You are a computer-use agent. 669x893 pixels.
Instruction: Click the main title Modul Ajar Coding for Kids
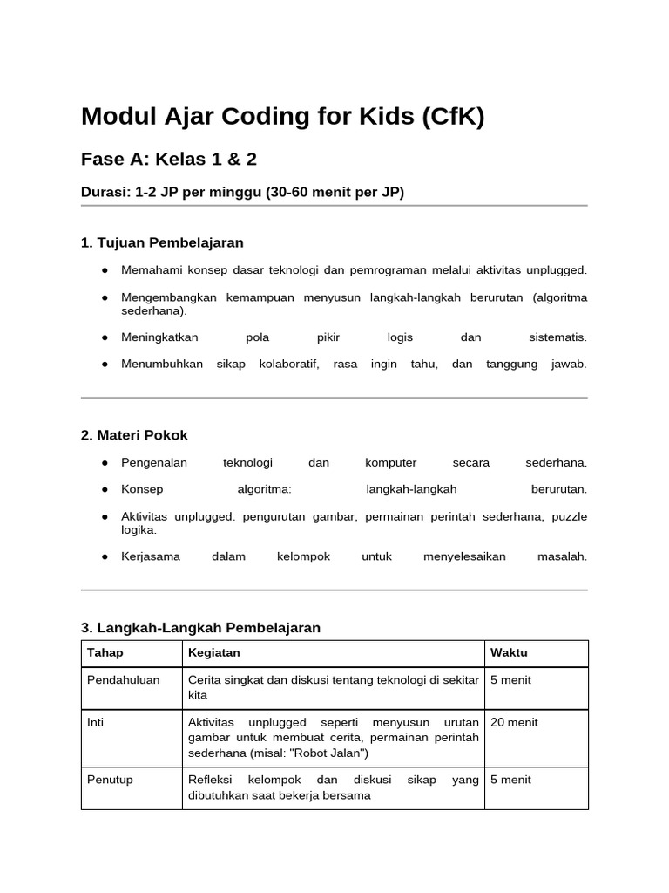point(282,116)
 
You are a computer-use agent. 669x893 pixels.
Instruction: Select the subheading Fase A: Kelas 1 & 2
point(169,160)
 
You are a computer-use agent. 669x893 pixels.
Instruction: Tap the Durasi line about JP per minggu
point(242,192)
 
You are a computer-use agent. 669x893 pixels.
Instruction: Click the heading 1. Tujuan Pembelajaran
point(162,242)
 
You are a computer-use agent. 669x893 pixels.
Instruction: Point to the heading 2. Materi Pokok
point(134,435)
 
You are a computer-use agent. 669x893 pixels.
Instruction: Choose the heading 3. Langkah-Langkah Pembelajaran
point(200,628)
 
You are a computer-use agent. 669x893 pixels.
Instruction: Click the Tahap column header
point(105,653)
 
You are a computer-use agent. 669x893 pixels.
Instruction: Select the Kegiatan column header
point(214,653)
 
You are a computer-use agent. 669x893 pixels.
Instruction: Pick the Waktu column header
point(509,653)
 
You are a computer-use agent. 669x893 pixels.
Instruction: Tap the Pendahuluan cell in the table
point(124,680)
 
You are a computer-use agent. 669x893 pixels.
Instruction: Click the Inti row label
point(96,722)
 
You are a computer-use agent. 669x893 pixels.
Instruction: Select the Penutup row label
point(111,780)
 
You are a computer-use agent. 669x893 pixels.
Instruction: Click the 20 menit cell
point(514,722)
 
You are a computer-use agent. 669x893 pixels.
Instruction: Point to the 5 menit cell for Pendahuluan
point(510,680)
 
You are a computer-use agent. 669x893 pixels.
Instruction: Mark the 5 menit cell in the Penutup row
point(510,780)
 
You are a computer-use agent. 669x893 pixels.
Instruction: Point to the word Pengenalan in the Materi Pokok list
point(154,463)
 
